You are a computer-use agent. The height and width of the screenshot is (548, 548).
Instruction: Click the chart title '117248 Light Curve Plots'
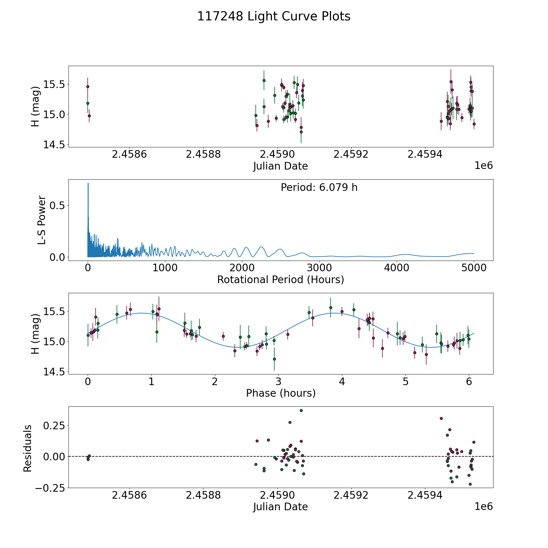pyautogui.click(x=274, y=16)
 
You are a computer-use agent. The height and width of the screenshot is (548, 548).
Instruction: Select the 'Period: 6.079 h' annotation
pyautogui.click(x=319, y=188)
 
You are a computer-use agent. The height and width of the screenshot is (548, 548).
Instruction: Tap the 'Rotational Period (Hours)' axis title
pyautogui.click(x=280, y=279)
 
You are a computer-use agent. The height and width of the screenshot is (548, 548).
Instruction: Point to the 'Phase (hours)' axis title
pyautogui.click(x=281, y=393)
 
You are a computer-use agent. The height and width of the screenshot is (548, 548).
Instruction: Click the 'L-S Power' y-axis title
pyautogui.click(x=42, y=220)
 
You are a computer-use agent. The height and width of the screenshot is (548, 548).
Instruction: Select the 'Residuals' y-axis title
pyautogui.click(x=27, y=448)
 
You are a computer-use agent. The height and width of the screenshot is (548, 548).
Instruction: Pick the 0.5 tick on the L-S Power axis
pyautogui.click(x=57, y=205)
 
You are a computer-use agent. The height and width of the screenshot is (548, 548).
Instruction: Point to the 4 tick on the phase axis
pyautogui.click(x=342, y=382)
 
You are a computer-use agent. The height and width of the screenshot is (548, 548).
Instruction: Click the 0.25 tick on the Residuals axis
pyautogui.click(x=54, y=425)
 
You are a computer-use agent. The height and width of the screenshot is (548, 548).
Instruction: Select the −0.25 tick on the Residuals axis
pyautogui.click(x=50, y=488)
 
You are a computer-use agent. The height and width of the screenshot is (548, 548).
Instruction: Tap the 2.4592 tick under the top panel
pyautogui.click(x=351, y=154)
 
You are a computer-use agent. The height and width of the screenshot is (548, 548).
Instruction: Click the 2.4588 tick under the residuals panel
pyautogui.click(x=203, y=495)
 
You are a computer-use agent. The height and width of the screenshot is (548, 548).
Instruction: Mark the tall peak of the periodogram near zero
pyautogui.click(x=88, y=184)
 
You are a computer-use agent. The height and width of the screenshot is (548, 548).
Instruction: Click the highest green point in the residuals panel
pyautogui.click(x=301, y=410)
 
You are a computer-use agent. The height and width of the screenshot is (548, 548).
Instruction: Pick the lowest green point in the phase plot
pyautogui.click(x=274, y=359)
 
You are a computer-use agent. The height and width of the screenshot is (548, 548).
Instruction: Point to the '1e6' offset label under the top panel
pyautogui.click(x=483, y=166)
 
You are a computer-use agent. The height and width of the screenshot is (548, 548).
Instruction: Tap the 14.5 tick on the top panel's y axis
pyautogui.click(x=54, y=145)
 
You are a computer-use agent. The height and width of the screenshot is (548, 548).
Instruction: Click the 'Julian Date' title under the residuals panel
pyautogui.click(x=280, y=507)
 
